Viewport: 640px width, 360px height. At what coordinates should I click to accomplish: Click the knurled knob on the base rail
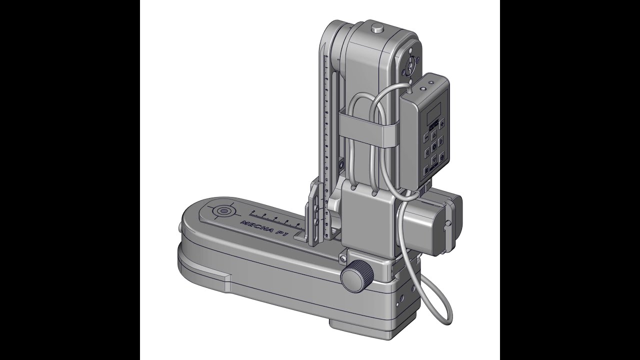pyautogui.click(x=357, y=274)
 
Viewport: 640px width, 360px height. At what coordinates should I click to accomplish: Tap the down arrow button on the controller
pyautogui.click(x=434, y=159)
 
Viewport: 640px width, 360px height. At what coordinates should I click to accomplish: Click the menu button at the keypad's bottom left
pyautogui.click(x=426, y=170)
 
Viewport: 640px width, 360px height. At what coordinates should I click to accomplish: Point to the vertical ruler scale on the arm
pyautogui.click(x=326, y=125)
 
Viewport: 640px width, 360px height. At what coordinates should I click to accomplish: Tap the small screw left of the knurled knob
pyautogui.click(x=343, y=258)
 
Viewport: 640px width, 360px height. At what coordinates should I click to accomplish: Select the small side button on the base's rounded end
pyautogui.click(x=180, y=227)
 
